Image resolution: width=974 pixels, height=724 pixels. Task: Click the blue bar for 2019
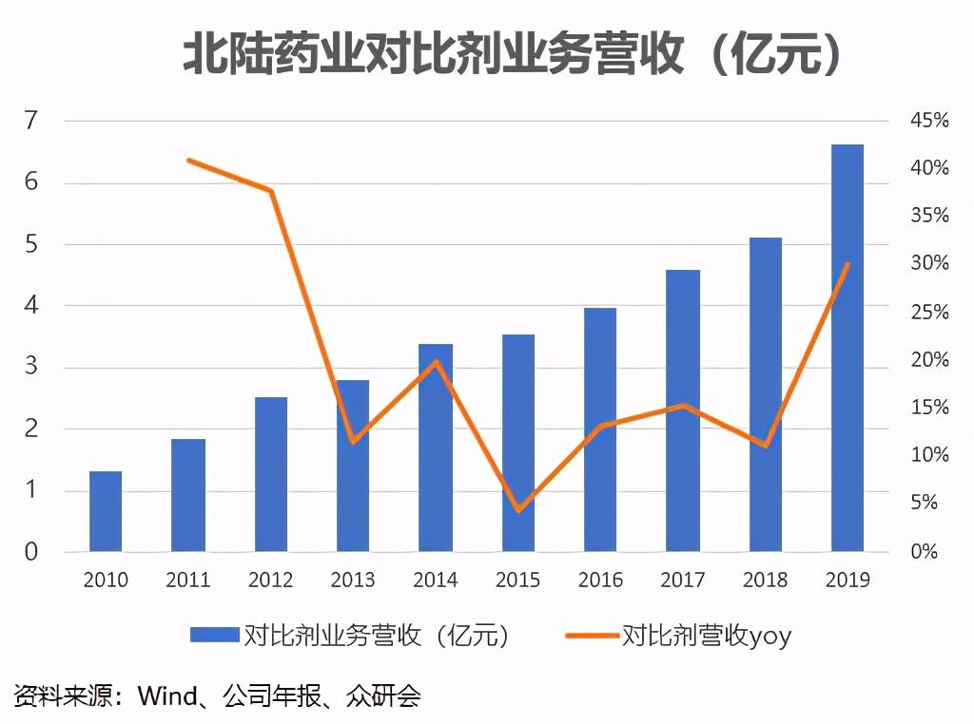(x=847, y=348)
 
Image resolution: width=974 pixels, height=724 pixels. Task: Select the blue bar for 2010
(x=106, y=511)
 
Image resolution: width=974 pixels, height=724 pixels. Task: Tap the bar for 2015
(x=518, y=443)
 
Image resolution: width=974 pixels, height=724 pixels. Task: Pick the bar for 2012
(x=271, y=474)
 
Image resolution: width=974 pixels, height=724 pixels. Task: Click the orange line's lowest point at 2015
(x=518, y=510)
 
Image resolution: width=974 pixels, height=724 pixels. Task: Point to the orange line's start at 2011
(x=188, y=160)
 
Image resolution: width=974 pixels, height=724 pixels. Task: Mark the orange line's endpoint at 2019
(x=847, y=264)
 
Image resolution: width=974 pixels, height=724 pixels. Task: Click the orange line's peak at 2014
(x=436, y=361)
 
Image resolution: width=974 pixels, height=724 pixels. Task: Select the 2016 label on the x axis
(x=600, y=580)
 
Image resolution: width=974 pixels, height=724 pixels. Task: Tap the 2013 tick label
(x=353, y=580)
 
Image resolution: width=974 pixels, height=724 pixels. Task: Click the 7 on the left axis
(x=32, y=121)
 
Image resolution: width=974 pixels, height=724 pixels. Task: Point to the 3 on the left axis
(x=32, y=368)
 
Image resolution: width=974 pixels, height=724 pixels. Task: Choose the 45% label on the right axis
(x=928, y=121)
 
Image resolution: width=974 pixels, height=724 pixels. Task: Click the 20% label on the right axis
(x=928, y=360)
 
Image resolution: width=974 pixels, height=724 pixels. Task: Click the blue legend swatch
(x=214, y=635)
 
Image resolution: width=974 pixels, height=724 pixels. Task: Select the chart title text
(x=513, y=56)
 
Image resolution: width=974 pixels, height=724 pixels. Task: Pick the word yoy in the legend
(x=769, y=636)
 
